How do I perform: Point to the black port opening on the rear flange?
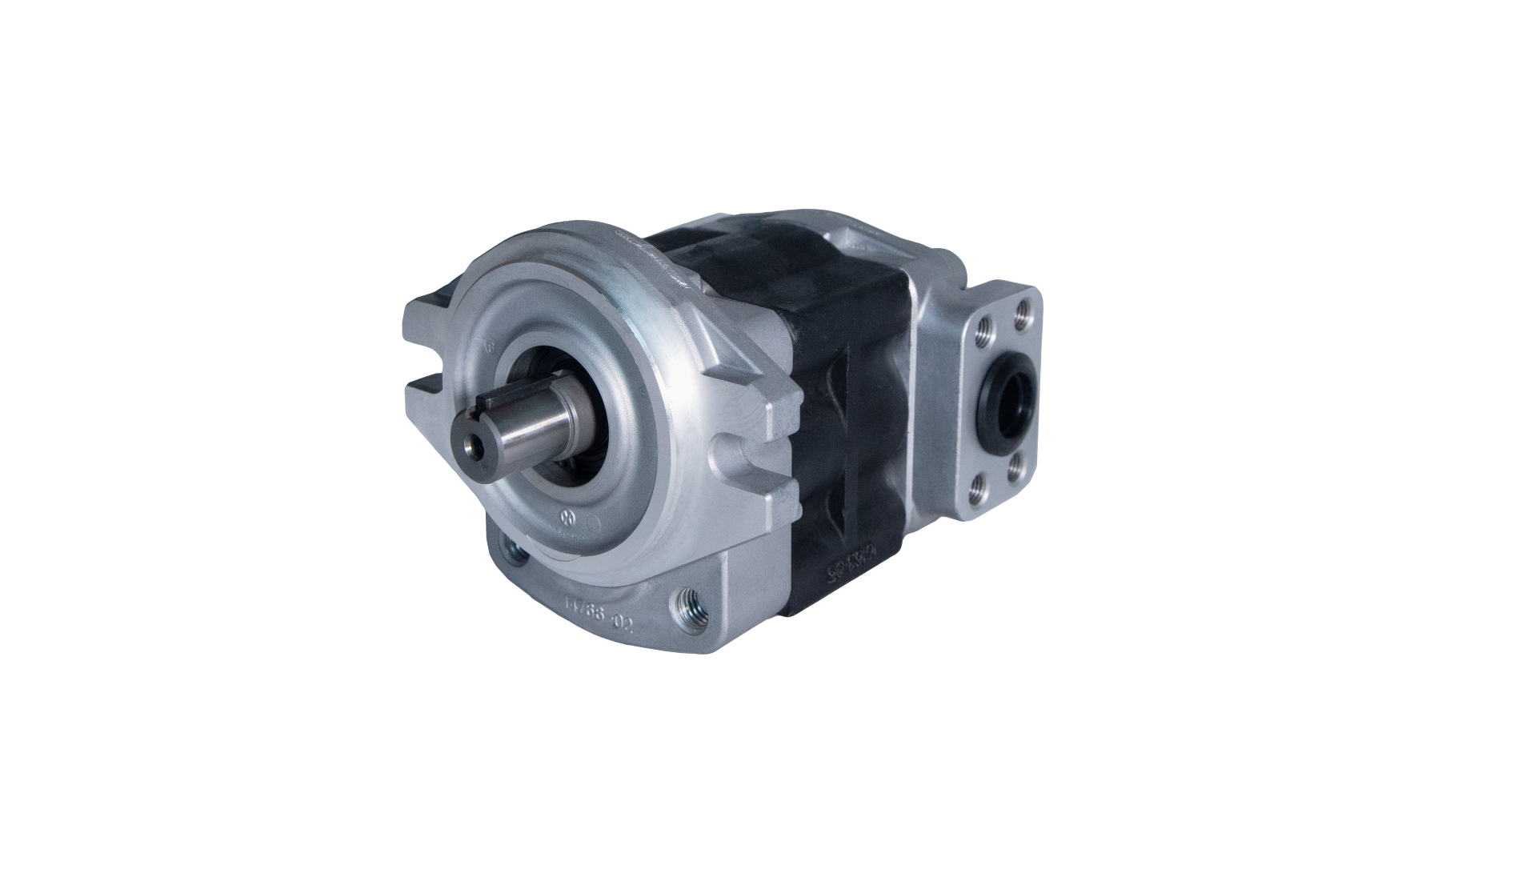tap(1011, 398)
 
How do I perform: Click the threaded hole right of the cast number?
tap(687, 602)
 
